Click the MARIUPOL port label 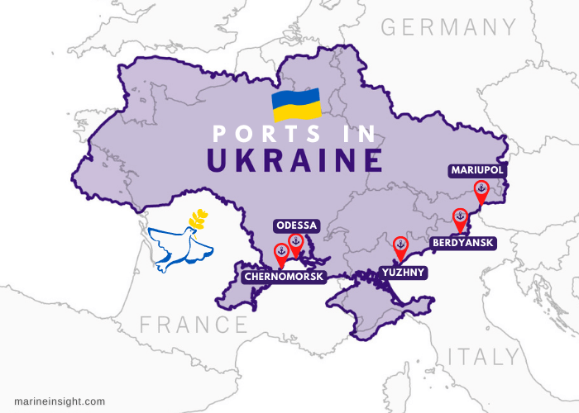477,170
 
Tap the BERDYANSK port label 463,243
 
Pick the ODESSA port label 296,225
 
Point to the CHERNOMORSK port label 284,276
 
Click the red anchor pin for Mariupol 481,192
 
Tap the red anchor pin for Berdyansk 461,219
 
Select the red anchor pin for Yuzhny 400,246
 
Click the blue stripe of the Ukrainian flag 296,97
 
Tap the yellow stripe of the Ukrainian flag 296,112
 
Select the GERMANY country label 447,27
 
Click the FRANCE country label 193,324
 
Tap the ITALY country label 485,357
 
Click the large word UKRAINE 294,160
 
